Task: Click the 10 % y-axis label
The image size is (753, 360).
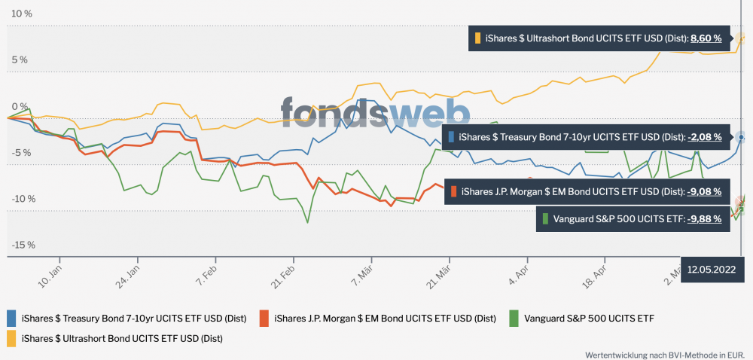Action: pyautogui.click(x=21, y=14)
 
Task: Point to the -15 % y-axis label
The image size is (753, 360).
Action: pyautogui.click(x=23, y=245)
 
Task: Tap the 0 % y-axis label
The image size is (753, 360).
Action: pyautogui.click(x=19, y=106)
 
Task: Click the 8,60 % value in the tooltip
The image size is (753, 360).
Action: pyautogui.click(x=706, y=38)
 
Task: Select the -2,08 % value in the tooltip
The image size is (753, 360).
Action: pyautogui.click(x=705, y=137)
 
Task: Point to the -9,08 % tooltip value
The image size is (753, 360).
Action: pyautogui.click(x=705, y=191)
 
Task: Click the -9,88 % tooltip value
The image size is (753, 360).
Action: pyautogui.click(x=705, y=218)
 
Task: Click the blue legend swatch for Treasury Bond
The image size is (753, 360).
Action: pyautogui.click(x=12, y=318)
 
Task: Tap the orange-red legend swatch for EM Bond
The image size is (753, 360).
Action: pyautogui.click(x=264, y=318)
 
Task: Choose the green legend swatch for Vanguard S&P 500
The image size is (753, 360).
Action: pyautogui.click(x=515, y=318)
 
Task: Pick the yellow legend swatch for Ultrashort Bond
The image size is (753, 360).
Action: pyautogui.click(x=12, y=338)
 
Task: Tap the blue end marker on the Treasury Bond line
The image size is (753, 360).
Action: pyautogui.click(x=742, y=137)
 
